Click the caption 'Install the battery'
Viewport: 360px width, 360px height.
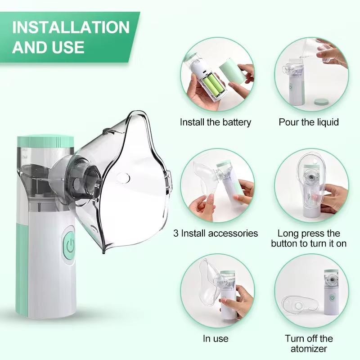(x=216, y=122)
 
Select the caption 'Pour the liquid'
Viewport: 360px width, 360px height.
(x=309, y=122)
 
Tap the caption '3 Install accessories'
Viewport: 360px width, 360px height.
(x=216, y=233)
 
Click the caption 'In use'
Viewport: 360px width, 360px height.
(x=216, y=338)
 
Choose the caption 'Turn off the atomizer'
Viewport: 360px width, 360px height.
(x=309, y=343)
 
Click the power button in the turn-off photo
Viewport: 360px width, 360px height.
(x=333, y=297)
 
